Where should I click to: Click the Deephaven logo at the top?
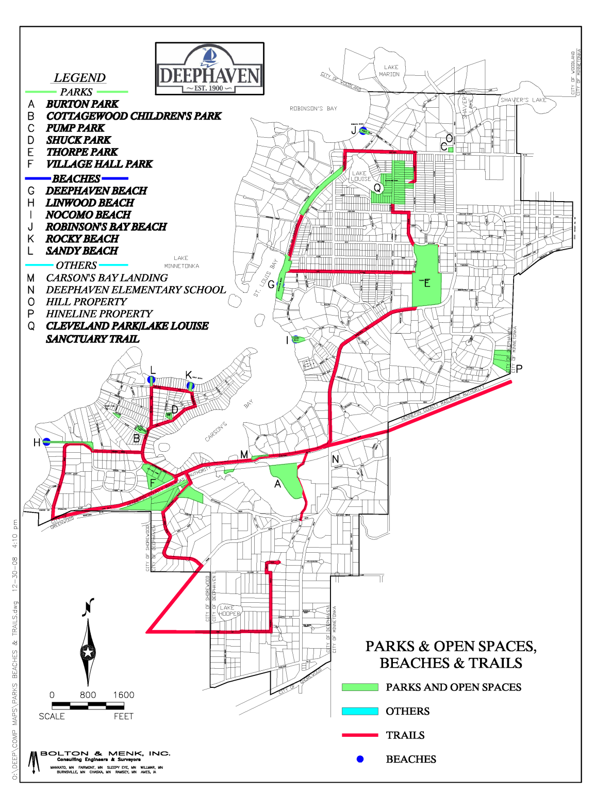click(x=210, y=69)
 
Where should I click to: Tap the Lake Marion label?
click(x=390, y=71)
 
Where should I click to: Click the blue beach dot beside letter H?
click(x=46, y=441)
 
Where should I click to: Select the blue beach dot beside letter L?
click(x=151, y=379)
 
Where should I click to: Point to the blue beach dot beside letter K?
click(x=190, y=385)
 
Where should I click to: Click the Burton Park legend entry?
click(x=82, y=104)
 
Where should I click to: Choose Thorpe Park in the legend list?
click(x=82, y=152)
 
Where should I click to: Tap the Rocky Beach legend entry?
click(x=82, y=239)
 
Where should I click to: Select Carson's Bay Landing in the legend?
click(x=107, y=278)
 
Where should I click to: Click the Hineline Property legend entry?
click(x=99, y=314)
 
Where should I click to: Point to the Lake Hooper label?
click(x=229, y=610)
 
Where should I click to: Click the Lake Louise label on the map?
click(x=360, y=176)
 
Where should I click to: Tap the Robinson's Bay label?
click(x=313, y=109)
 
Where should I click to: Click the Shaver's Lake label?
click(x=523, y=100)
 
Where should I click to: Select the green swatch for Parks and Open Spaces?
click(x=360, y=687)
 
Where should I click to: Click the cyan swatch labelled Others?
click(x=360, y=712)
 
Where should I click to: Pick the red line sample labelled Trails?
click(x=360, y=735)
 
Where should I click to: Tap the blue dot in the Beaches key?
click(x=360, y=759)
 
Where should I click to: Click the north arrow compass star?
click(x=88, y=653)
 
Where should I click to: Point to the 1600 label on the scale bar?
click(x=124, y=695)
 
